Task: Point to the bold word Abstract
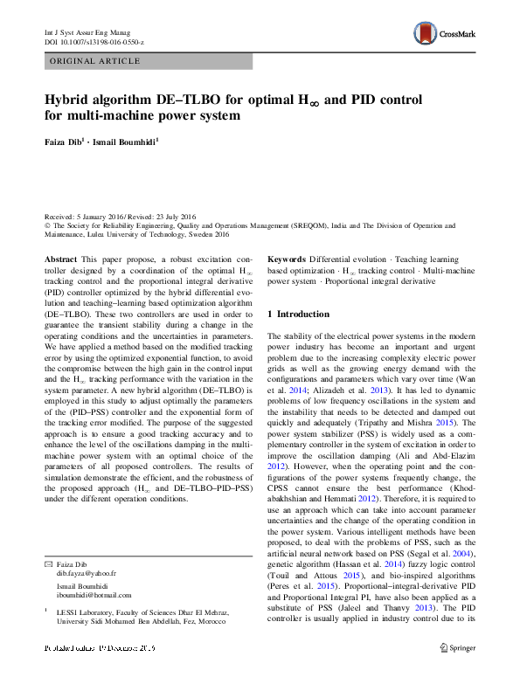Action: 60,259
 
